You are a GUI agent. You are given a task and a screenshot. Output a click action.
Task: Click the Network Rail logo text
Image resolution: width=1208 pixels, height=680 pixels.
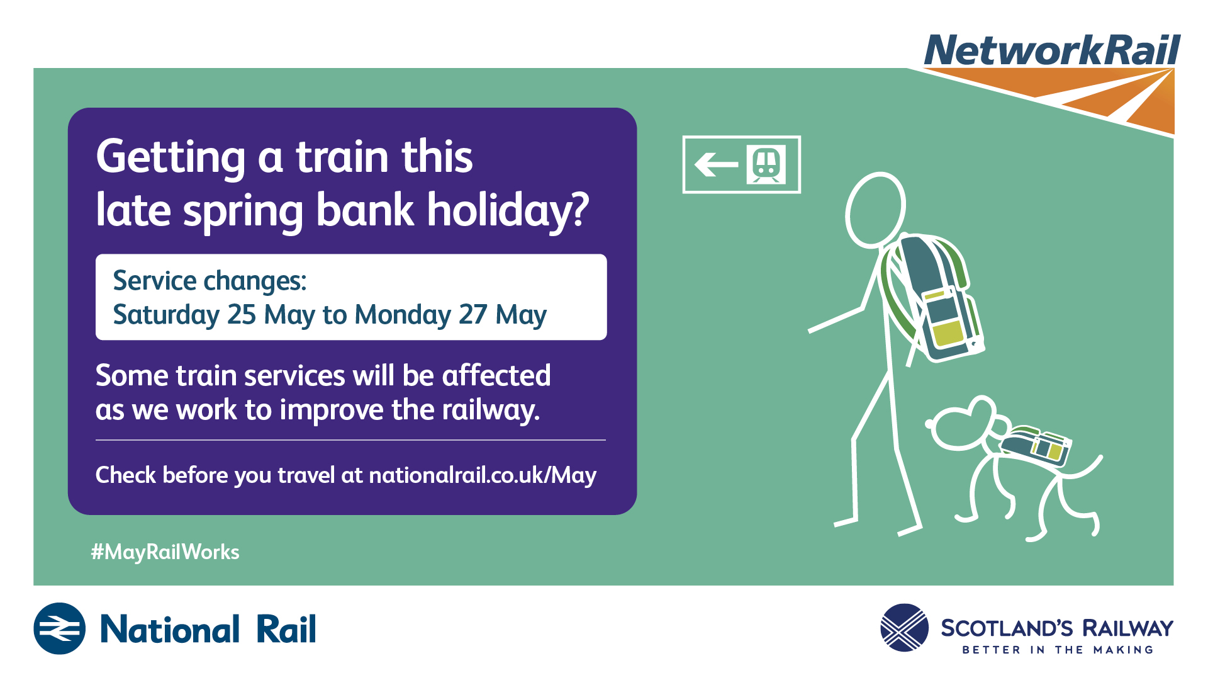pos(1052,50)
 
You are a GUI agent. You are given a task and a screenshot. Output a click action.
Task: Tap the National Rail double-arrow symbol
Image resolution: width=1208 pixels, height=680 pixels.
pos(60,628)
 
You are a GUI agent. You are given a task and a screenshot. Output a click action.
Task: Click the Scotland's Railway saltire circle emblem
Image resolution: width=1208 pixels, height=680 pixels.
pos(904,628)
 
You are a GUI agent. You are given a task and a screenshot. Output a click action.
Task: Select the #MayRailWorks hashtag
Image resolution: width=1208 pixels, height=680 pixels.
pos(165,552)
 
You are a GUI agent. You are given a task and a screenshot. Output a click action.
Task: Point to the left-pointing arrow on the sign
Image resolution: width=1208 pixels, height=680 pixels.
pos(716,165)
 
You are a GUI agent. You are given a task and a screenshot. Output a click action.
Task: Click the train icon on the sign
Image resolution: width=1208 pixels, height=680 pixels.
pos(766,164)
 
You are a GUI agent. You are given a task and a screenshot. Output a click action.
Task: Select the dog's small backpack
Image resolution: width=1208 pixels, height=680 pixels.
pos(1036,446)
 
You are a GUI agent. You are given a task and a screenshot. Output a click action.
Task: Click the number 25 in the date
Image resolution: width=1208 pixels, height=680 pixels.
pos(242,314)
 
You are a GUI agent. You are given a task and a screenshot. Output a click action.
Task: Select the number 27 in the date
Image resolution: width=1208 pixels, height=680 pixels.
pos(473,314)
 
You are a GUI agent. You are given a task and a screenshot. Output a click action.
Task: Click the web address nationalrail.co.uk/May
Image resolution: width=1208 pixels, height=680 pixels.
pos(483,475)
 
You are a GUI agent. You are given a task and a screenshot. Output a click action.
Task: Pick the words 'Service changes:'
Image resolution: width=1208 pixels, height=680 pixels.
pos(210,281)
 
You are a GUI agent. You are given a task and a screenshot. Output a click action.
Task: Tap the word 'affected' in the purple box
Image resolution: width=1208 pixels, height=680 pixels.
pos(496,375)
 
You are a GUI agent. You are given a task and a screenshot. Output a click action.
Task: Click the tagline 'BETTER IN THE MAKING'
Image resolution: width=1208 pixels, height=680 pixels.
pos(1058,650)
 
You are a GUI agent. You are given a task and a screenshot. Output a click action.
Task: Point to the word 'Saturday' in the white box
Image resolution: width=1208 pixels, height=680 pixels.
pos(166,315)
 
